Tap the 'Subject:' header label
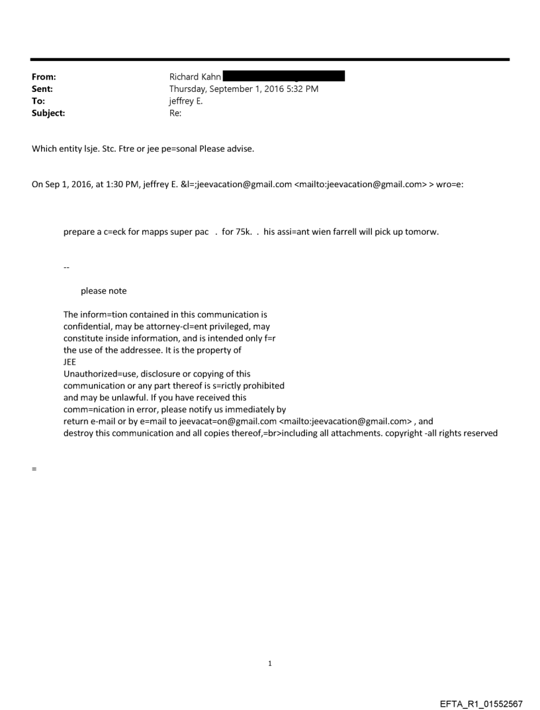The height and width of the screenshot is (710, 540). click(x=48, y=113)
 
